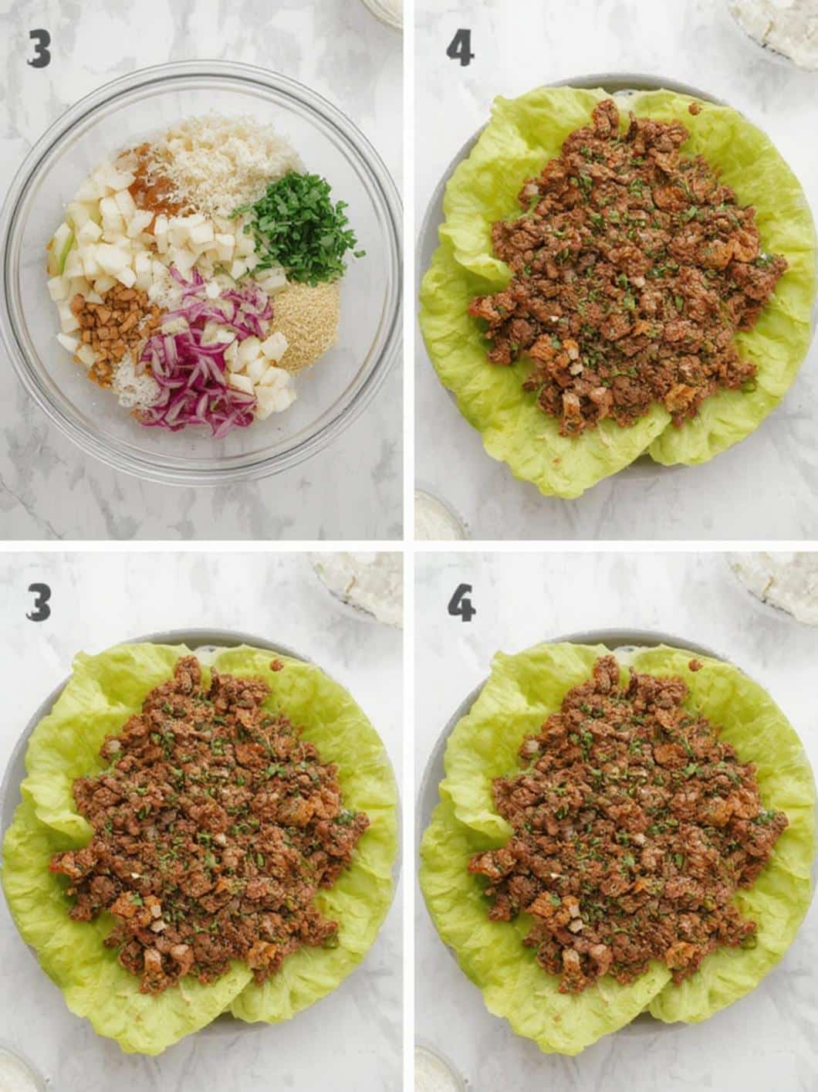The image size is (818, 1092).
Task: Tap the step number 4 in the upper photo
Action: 461,49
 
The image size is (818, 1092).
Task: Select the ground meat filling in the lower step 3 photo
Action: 208,834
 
